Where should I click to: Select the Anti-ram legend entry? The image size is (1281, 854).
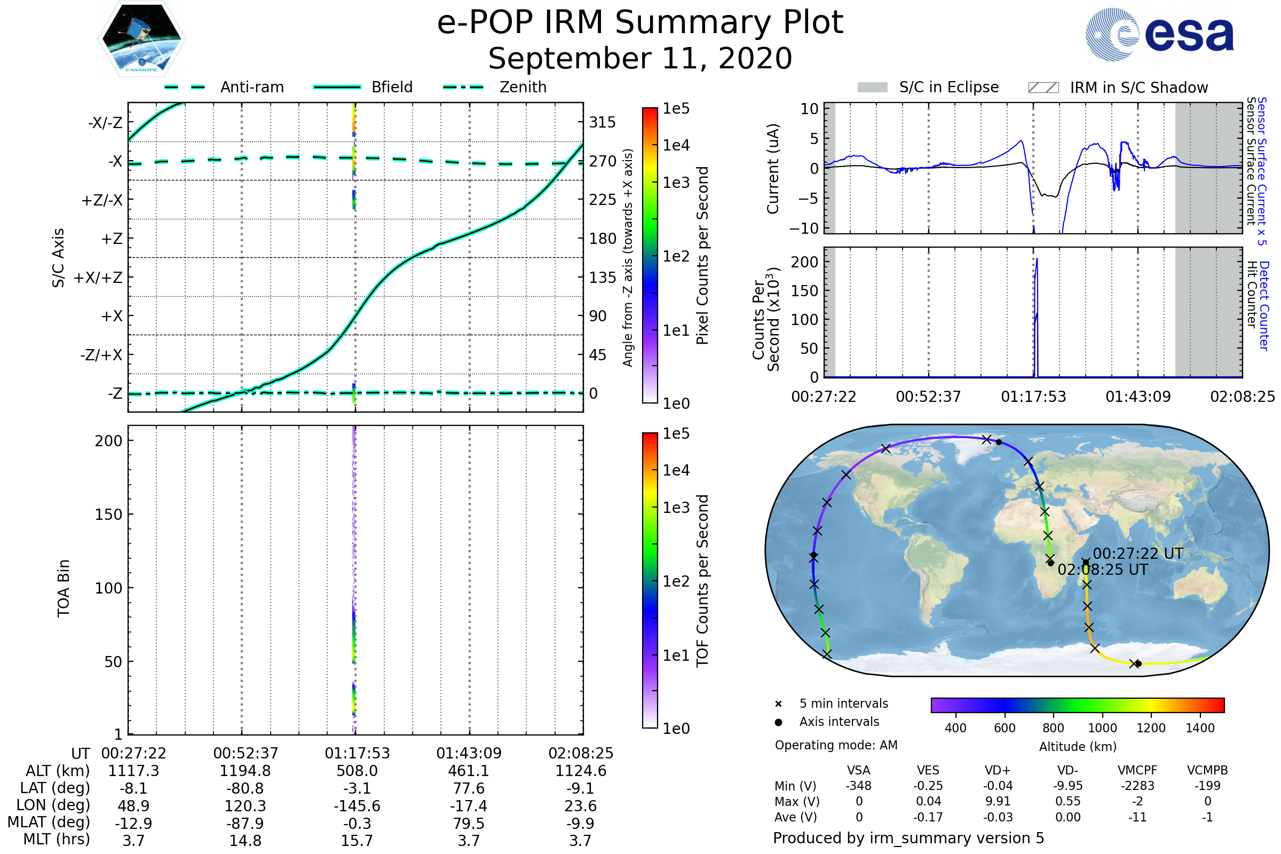point(251,87)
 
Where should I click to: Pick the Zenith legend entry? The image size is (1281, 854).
point(523,87)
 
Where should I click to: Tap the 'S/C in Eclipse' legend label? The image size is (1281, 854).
point(948,87)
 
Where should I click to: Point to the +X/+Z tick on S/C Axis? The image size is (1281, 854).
point(98,278)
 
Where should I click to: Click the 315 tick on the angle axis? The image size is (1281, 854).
point(602,122)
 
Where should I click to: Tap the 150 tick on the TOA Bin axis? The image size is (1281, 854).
point(108,514)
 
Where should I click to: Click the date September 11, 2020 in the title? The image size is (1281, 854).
point(640,59)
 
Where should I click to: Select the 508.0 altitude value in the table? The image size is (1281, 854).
point(357,771)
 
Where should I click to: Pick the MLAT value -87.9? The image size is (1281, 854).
point(245,823)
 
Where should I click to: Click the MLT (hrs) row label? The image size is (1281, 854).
point(56,839)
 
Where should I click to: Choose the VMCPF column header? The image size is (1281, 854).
point(1137,770)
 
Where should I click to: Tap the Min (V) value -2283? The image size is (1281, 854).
point(1137,786)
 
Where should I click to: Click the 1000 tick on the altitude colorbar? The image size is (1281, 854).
point(1102,728)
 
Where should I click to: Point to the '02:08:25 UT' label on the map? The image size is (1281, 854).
point(1102,570)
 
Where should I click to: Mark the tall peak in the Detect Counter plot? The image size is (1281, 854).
point(1037,259)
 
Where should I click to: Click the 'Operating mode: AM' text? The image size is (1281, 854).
point(836,745)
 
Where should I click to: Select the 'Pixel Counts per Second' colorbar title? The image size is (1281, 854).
point(702,256)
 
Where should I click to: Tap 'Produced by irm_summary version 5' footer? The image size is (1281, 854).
point(908,838)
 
